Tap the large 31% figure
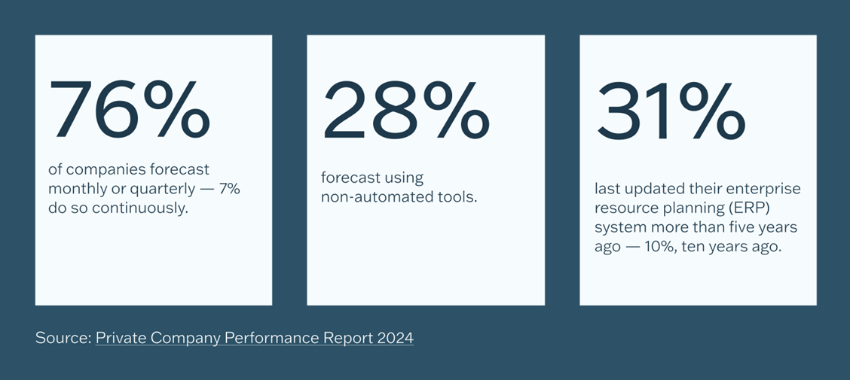670,111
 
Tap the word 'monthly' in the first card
75,189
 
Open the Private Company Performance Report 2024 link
254,338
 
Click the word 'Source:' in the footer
63,338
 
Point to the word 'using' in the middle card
404,179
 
